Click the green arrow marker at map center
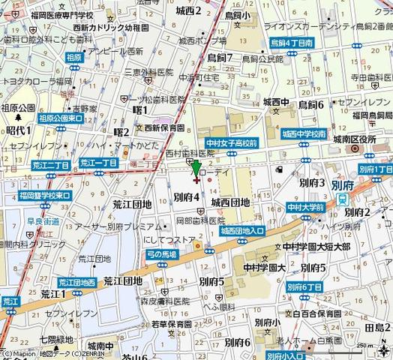coord(196,169)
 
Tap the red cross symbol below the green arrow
coord(196,179)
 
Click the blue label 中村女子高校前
coord(232,142)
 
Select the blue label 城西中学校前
coord(304,133)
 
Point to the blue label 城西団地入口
coord(241,231)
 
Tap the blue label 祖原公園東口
coord(60,118)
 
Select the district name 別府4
coord(186,196)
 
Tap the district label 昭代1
coord(17,130)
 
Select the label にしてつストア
coord(170,241)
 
